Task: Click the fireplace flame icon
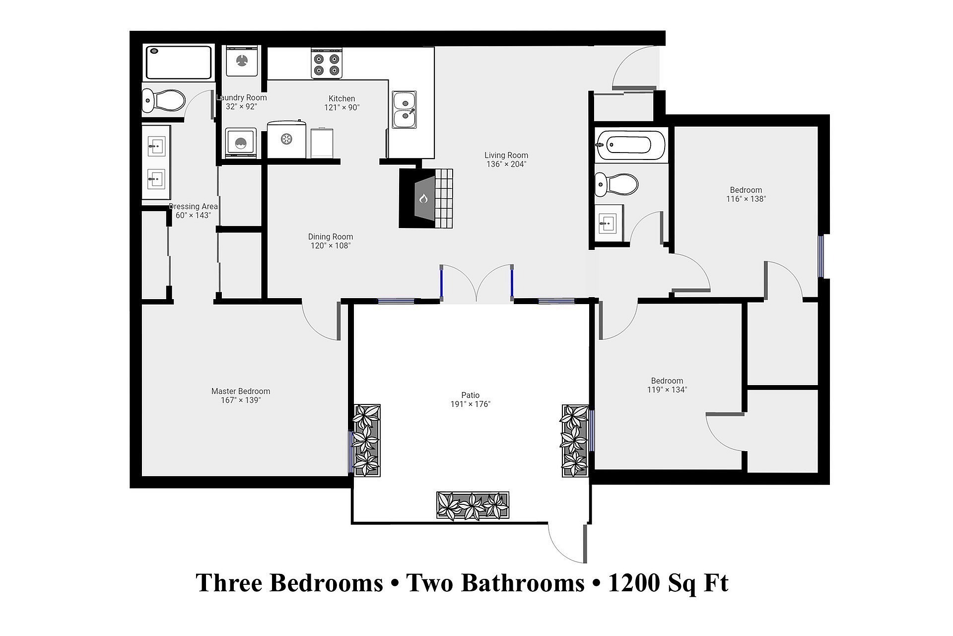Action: tap(423, 199)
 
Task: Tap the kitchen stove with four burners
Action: tap(327, 63)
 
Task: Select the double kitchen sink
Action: tap(404, 109)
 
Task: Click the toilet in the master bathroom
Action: tap(163, 101)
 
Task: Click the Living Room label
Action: tap(506, 155)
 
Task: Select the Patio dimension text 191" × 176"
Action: tap(470, 404)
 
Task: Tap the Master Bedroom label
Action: tap(241, 392)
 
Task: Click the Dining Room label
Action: tap(331, 237)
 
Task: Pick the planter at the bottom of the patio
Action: tap(473, 505)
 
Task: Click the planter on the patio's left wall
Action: tap(366, 441)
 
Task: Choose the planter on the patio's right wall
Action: tap(575, 441)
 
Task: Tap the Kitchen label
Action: tap(342, 98)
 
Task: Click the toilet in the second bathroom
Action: tap(616, 184)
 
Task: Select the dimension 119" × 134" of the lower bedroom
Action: tap(667, 390)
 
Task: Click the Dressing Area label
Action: tap(193, 207)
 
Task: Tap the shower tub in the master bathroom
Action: tap(179, 63)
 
